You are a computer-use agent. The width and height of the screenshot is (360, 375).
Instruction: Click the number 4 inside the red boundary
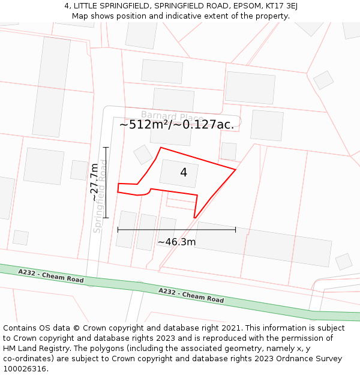(184, 173)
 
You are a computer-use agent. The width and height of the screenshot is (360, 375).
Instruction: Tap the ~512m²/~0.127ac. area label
(176, 125)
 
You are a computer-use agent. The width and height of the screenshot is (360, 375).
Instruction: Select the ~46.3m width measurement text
(176, 242)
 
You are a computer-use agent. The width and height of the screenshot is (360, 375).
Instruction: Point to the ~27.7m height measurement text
(95, 182)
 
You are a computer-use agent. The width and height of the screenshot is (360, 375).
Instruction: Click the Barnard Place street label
(167, 116)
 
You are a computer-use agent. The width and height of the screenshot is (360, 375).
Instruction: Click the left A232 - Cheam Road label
(51, 276)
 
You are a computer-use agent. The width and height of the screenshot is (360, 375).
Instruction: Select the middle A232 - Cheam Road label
(191, 295)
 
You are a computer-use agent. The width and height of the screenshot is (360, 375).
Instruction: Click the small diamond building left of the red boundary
(143, 155)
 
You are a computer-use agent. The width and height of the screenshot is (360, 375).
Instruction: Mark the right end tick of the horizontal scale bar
(235, 229)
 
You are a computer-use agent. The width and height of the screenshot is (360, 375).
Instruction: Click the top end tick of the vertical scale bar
(106, 147)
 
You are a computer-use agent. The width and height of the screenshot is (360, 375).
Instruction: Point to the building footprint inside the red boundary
(178, 174)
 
